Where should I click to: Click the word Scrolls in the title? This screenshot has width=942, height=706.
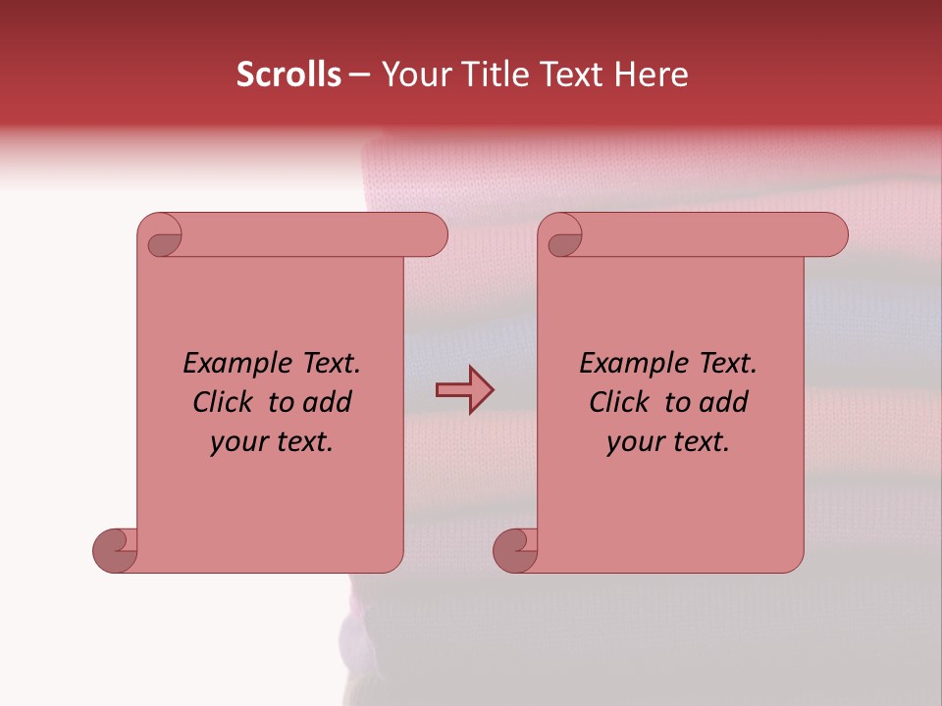click(x=288, y=75)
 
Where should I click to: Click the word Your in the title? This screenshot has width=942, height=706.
click(x=416, y=75)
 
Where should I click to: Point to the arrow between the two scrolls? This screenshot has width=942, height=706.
click(x=464, y=390)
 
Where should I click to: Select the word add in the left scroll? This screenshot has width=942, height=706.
click(x=328, y=402)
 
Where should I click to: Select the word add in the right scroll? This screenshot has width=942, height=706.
click(x=724, y=402)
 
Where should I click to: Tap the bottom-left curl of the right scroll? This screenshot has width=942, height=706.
click(x=515, y=549)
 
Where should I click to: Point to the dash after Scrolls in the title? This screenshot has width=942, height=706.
click(x=359, y=76)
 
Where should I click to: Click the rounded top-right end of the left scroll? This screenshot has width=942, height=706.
click(x=433, y=235)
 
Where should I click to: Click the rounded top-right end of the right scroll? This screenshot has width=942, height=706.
click(x=833, y=235)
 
